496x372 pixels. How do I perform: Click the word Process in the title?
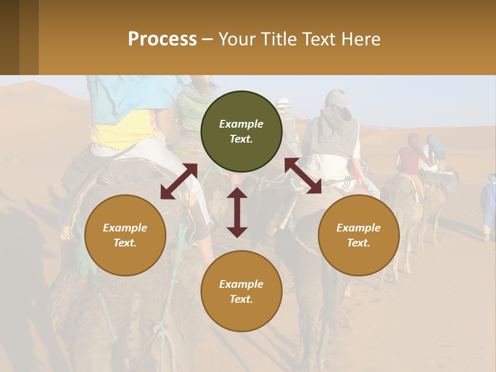point(162,39)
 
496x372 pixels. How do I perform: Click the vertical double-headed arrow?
point(237,212)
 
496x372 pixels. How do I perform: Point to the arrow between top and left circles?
point(179,181)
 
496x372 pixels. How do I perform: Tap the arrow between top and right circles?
point(303,176)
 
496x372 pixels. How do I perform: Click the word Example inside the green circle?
point(241,124)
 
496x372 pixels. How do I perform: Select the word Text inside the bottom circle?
point(241,299)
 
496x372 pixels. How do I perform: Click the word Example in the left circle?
point(125,228)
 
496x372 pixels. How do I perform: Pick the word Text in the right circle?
point(359,243)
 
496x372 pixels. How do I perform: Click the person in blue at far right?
point(488,204)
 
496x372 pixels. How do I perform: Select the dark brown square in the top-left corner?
point(9,37)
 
